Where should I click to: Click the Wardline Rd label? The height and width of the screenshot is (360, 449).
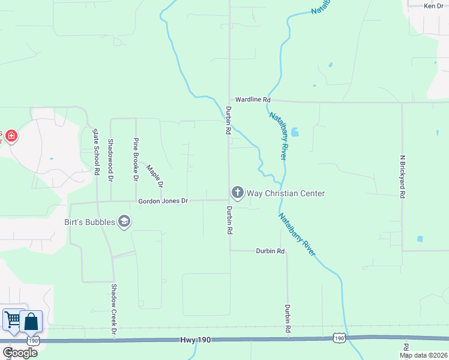(x=253, y=99)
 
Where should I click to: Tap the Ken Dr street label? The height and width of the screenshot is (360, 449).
(x=433, y=6)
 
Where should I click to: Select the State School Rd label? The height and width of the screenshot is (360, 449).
(x=96, y=151)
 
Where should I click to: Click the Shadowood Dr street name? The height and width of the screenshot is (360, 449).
(x=110, y=160)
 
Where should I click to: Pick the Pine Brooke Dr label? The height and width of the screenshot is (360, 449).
(x=136, y=160)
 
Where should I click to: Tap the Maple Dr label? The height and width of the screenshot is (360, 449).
(x=155, y=176)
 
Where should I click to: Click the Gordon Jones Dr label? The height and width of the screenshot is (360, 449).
(x=163, y=202)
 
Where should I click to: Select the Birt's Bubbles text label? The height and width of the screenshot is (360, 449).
(x=89, y=222)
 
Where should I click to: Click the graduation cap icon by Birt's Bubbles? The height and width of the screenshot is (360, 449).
(x=125, y=222)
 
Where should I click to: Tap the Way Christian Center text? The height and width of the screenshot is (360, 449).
(x=286, y=193)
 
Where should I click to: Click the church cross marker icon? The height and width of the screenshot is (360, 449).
(x=237, y=193)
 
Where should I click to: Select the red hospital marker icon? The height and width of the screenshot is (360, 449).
(x=10, y=137)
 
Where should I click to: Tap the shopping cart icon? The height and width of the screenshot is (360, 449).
(x=12, y=319)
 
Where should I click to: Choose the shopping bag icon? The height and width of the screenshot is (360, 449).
(x=31, y=322)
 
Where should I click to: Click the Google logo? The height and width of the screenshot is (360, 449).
(x=20, y=353)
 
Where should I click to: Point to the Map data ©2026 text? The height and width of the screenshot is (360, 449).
(x=423, y=355)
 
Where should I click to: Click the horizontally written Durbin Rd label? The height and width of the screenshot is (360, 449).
(x=270, y=251)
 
